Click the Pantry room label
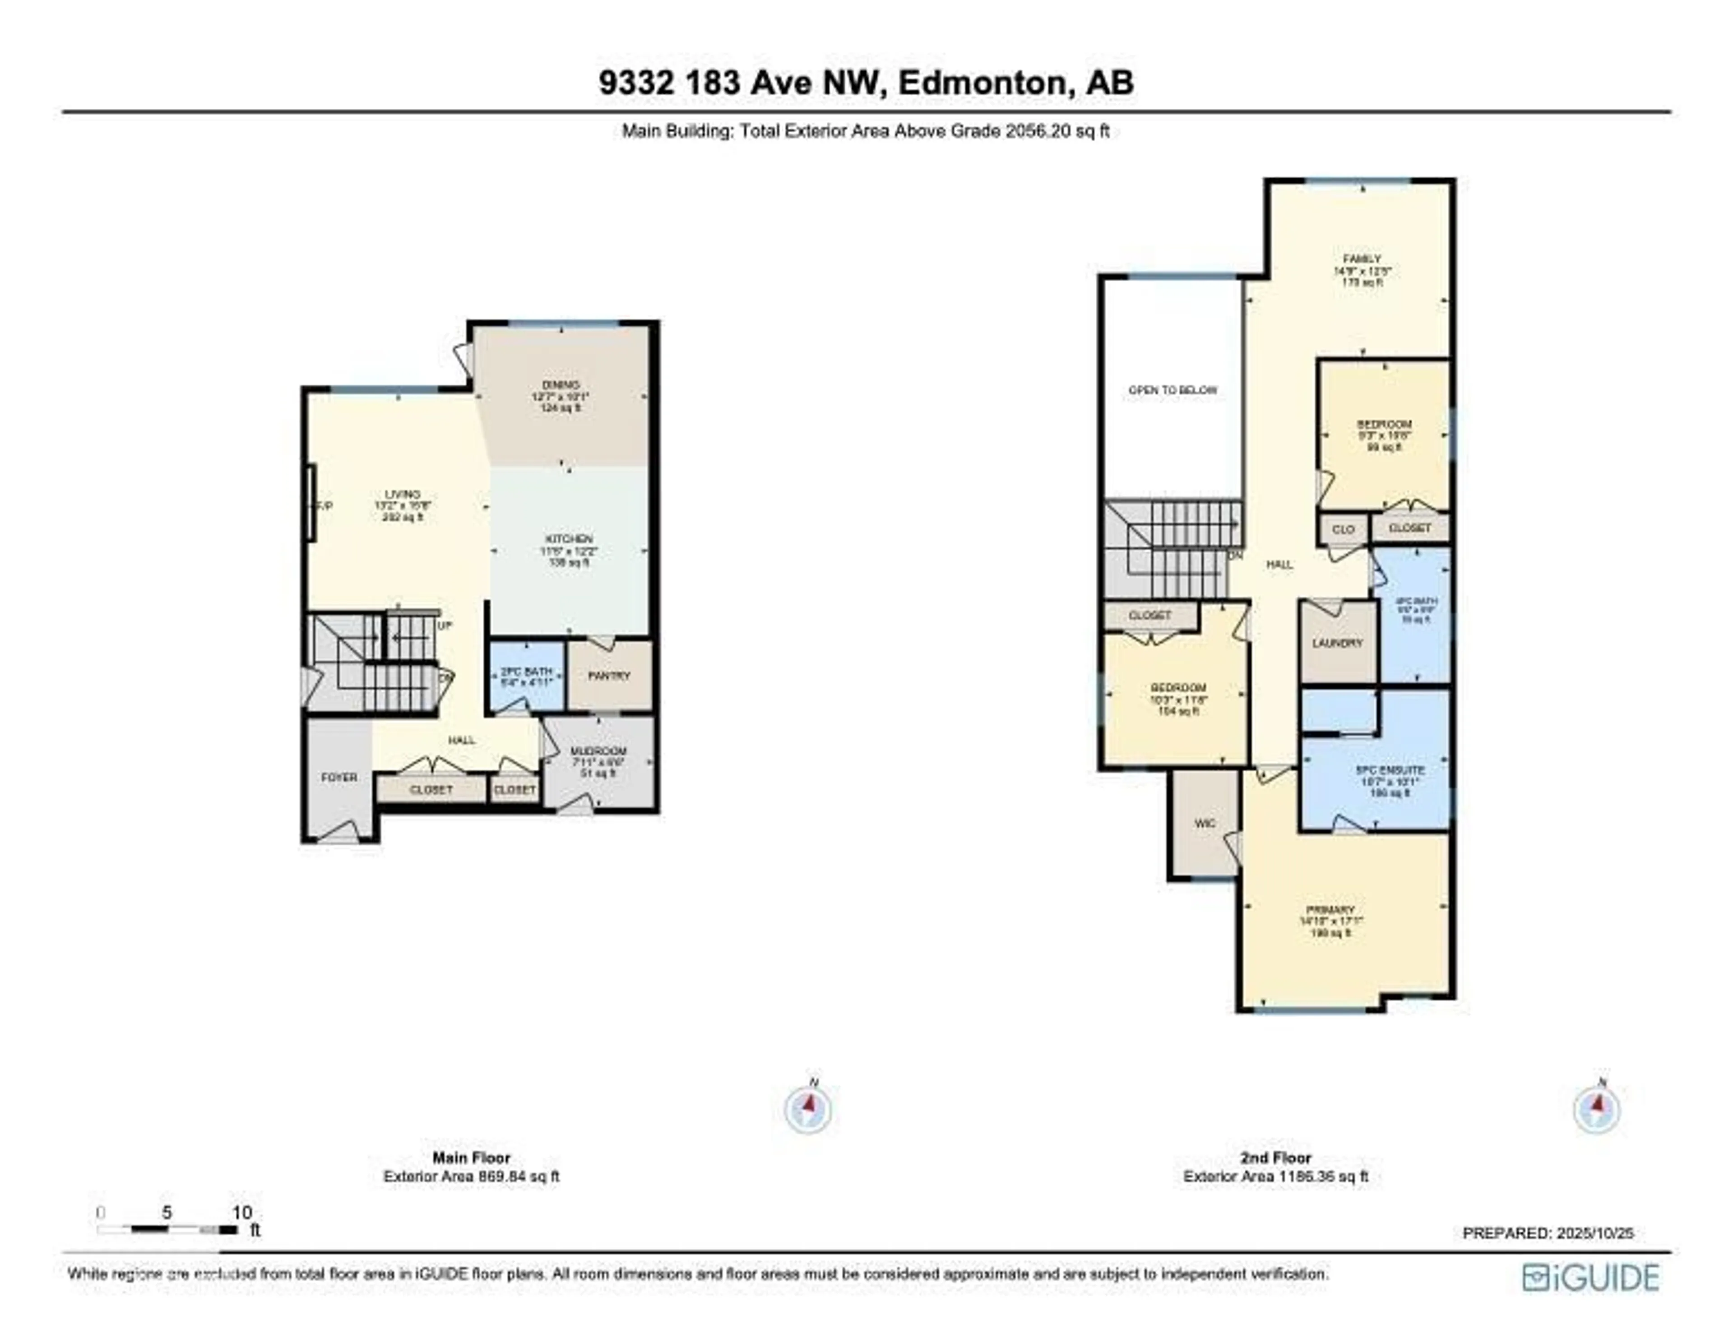tap(609, 676)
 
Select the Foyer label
tap(339, 777)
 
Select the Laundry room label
tap(1337, 643)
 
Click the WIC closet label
tap(1205, 823)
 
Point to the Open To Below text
tap(1172, 390)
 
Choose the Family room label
tap(1362, 259)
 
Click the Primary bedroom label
tap(1331, 910)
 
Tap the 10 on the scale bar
tap(242, 1212)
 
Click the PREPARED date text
tap(1548, 1232)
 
